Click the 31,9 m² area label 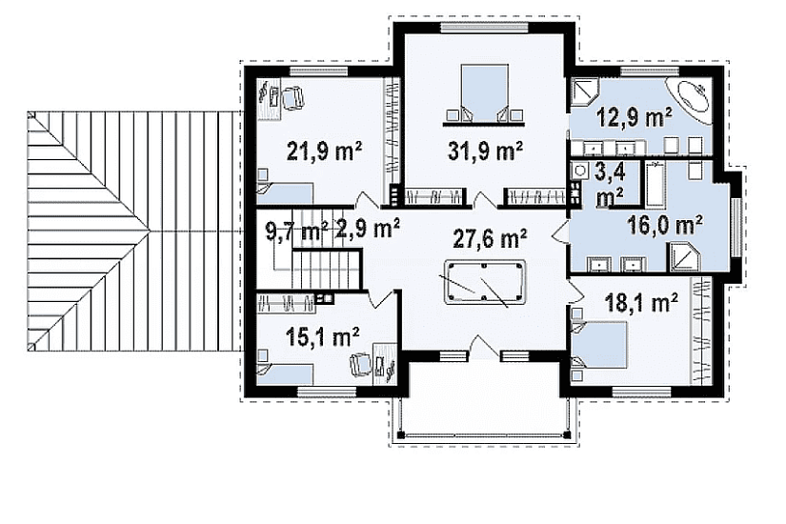pos(485,151)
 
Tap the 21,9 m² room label pos(324,151)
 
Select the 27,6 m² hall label pos(490,238)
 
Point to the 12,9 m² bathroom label pos(635,117)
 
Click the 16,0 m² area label pos(664,225)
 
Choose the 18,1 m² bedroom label pos(641,302)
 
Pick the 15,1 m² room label pos(322,336)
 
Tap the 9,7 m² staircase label pos(296,232)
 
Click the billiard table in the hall pos(484,281)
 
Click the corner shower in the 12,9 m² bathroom pos(582,94)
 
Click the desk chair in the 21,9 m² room pos(292,98)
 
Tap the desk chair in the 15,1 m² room pos(360,363)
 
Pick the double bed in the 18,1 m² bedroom pos(599,345)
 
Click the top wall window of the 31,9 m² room pos(484,27)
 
